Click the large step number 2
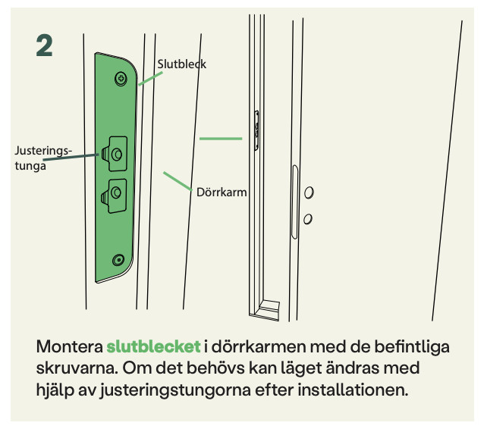[44, 45]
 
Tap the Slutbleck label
[182, 64]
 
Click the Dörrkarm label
[222, 193]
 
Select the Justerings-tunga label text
[43, 158]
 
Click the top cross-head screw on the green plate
[121, 79]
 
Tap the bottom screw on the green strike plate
[118, 260]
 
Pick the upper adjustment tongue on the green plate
[115, 154]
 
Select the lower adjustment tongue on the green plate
[114, 196]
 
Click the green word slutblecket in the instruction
[153, 346]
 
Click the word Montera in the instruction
[70, 346]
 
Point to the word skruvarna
[77, 368]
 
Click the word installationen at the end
[353, 390]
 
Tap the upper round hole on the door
[309, 193]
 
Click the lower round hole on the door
[308, 219]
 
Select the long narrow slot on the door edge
[294, 202]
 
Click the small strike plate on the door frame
[256, 130]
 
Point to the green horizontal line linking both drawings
[221, 139]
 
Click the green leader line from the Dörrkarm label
[178, 181]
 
